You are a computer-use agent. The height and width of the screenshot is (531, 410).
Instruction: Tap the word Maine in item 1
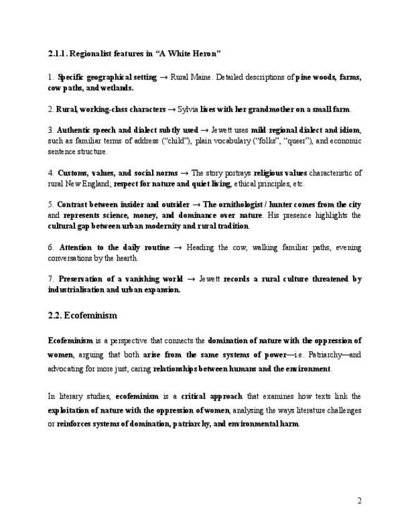pos(203,78)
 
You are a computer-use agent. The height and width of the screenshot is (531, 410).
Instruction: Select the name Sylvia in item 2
pos(188,109)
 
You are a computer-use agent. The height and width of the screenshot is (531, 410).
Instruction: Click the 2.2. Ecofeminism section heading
pos(83,315)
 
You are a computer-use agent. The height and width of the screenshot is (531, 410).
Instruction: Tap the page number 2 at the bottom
pos(359,500)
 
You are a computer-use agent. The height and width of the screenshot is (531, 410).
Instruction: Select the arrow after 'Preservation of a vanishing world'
pos(192,279)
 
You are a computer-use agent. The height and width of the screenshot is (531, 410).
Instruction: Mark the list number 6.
pos(50,247)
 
